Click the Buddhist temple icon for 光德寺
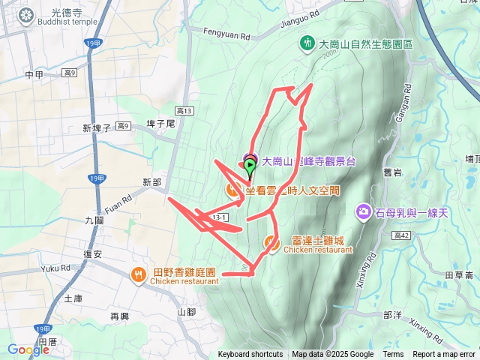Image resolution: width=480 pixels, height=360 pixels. pos(27,15)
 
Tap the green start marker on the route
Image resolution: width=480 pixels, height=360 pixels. pos(250,164)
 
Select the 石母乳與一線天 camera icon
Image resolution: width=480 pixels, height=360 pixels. pos(364,212)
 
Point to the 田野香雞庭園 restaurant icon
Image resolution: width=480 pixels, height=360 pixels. pos(139,274)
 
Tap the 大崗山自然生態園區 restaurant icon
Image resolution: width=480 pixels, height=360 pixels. pos(307,44)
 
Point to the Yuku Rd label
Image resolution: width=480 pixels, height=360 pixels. pos(55,268)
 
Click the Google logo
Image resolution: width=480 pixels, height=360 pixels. pos(28,349)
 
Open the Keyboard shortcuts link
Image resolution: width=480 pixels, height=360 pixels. pos(250,355)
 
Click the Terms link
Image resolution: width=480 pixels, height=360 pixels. pos(393,355)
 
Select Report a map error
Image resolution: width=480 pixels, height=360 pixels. pos(444,355)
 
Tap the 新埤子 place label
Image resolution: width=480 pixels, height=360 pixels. pos(97,128)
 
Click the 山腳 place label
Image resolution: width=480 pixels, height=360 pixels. pos(187,312)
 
